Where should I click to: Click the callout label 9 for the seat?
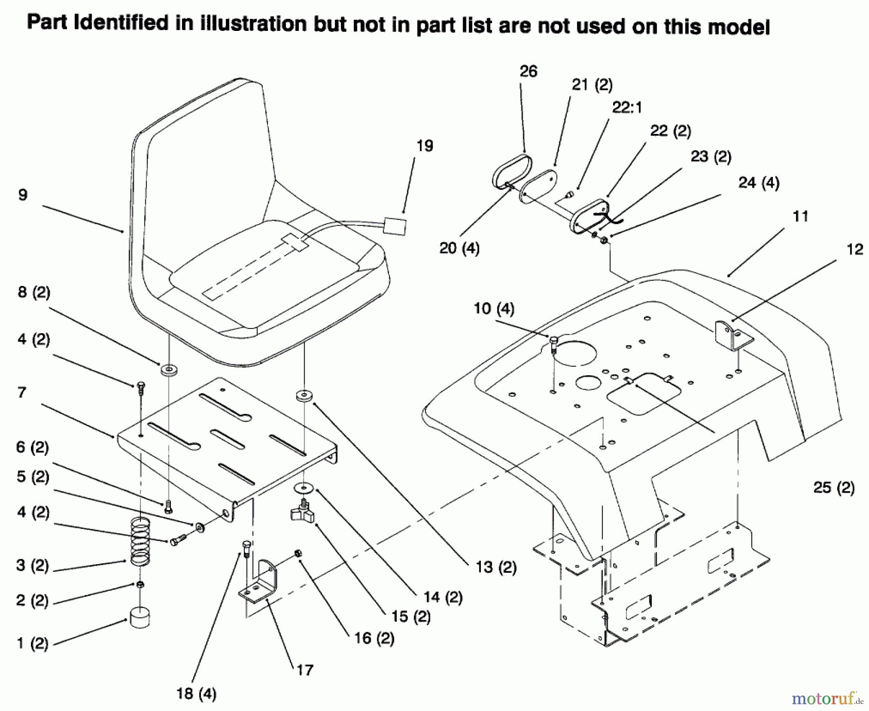click(x=23, y=195)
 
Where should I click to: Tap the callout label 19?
click(x=425, y=146)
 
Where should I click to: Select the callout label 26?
click(x=528, y=71)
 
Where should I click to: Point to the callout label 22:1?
click(x=627, y=107)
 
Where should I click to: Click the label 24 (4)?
click(x=758, y=183)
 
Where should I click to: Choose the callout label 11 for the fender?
click(x=800, y=216)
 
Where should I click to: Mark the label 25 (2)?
click(x=834, y=487)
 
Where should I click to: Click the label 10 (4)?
click(x=494, y=308)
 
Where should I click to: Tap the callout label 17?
click(x=305, y=670)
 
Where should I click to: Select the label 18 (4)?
click(x=196, y=694)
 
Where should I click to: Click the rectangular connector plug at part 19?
click(x=394, y=226)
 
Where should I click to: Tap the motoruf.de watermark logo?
click(x=826, y=698)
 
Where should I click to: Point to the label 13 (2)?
click(x=496, y=567)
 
